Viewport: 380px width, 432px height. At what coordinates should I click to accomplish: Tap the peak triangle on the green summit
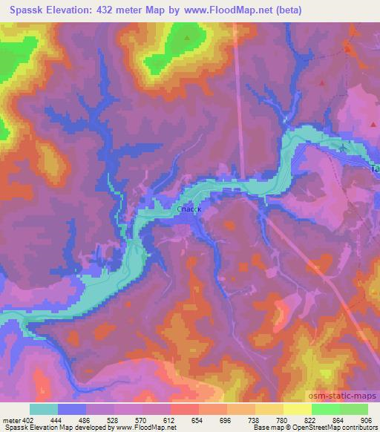coord(187,36)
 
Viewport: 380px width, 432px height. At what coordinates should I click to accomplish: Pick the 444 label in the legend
coord(59,421)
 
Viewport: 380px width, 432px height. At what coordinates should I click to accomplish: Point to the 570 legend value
coord(142,421)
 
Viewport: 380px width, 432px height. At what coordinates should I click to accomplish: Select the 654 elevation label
coord(198,421)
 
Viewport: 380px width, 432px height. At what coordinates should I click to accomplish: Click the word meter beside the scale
coord(10,421)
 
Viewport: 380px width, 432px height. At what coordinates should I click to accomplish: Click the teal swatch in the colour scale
coord(44,410)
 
